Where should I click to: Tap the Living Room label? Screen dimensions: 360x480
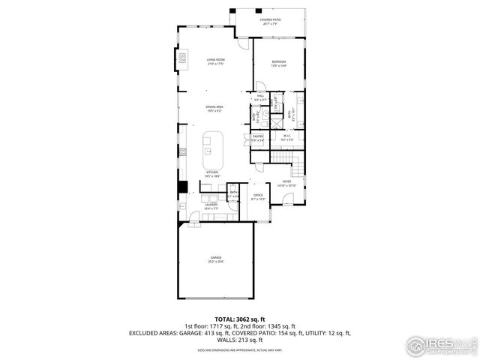[x=216, y=61]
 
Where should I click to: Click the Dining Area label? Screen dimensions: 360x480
[x=215, y=109]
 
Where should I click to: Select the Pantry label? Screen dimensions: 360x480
[x=257, y=138]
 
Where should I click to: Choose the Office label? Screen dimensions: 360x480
[x=259, y=197]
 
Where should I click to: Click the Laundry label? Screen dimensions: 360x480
[x=211, y=205]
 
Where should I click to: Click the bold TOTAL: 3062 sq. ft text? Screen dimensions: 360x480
[x=240, y=319]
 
